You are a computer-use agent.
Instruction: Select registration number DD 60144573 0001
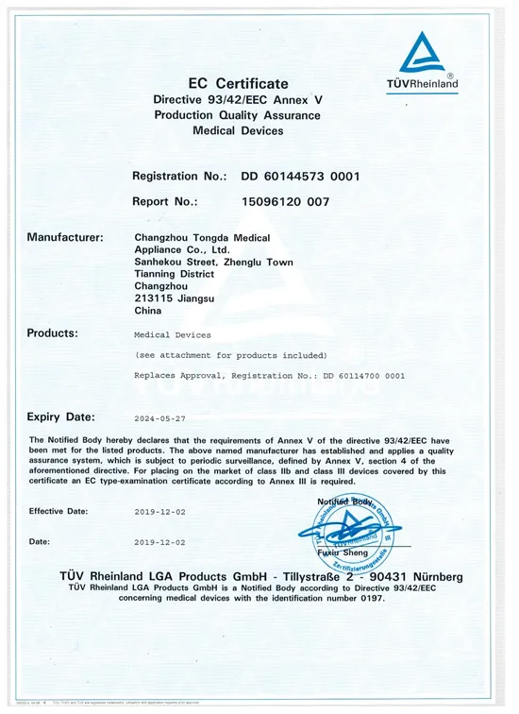coord(299,177)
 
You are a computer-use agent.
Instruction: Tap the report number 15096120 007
coord(286,201)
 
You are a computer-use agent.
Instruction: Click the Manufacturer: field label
coord(66,235)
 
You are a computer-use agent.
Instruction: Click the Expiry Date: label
coord(61,416)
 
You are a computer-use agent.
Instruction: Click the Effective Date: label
coord(59,511)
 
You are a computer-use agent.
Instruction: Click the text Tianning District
coord(175,274)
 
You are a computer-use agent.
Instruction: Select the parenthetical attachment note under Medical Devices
coord(231,355)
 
